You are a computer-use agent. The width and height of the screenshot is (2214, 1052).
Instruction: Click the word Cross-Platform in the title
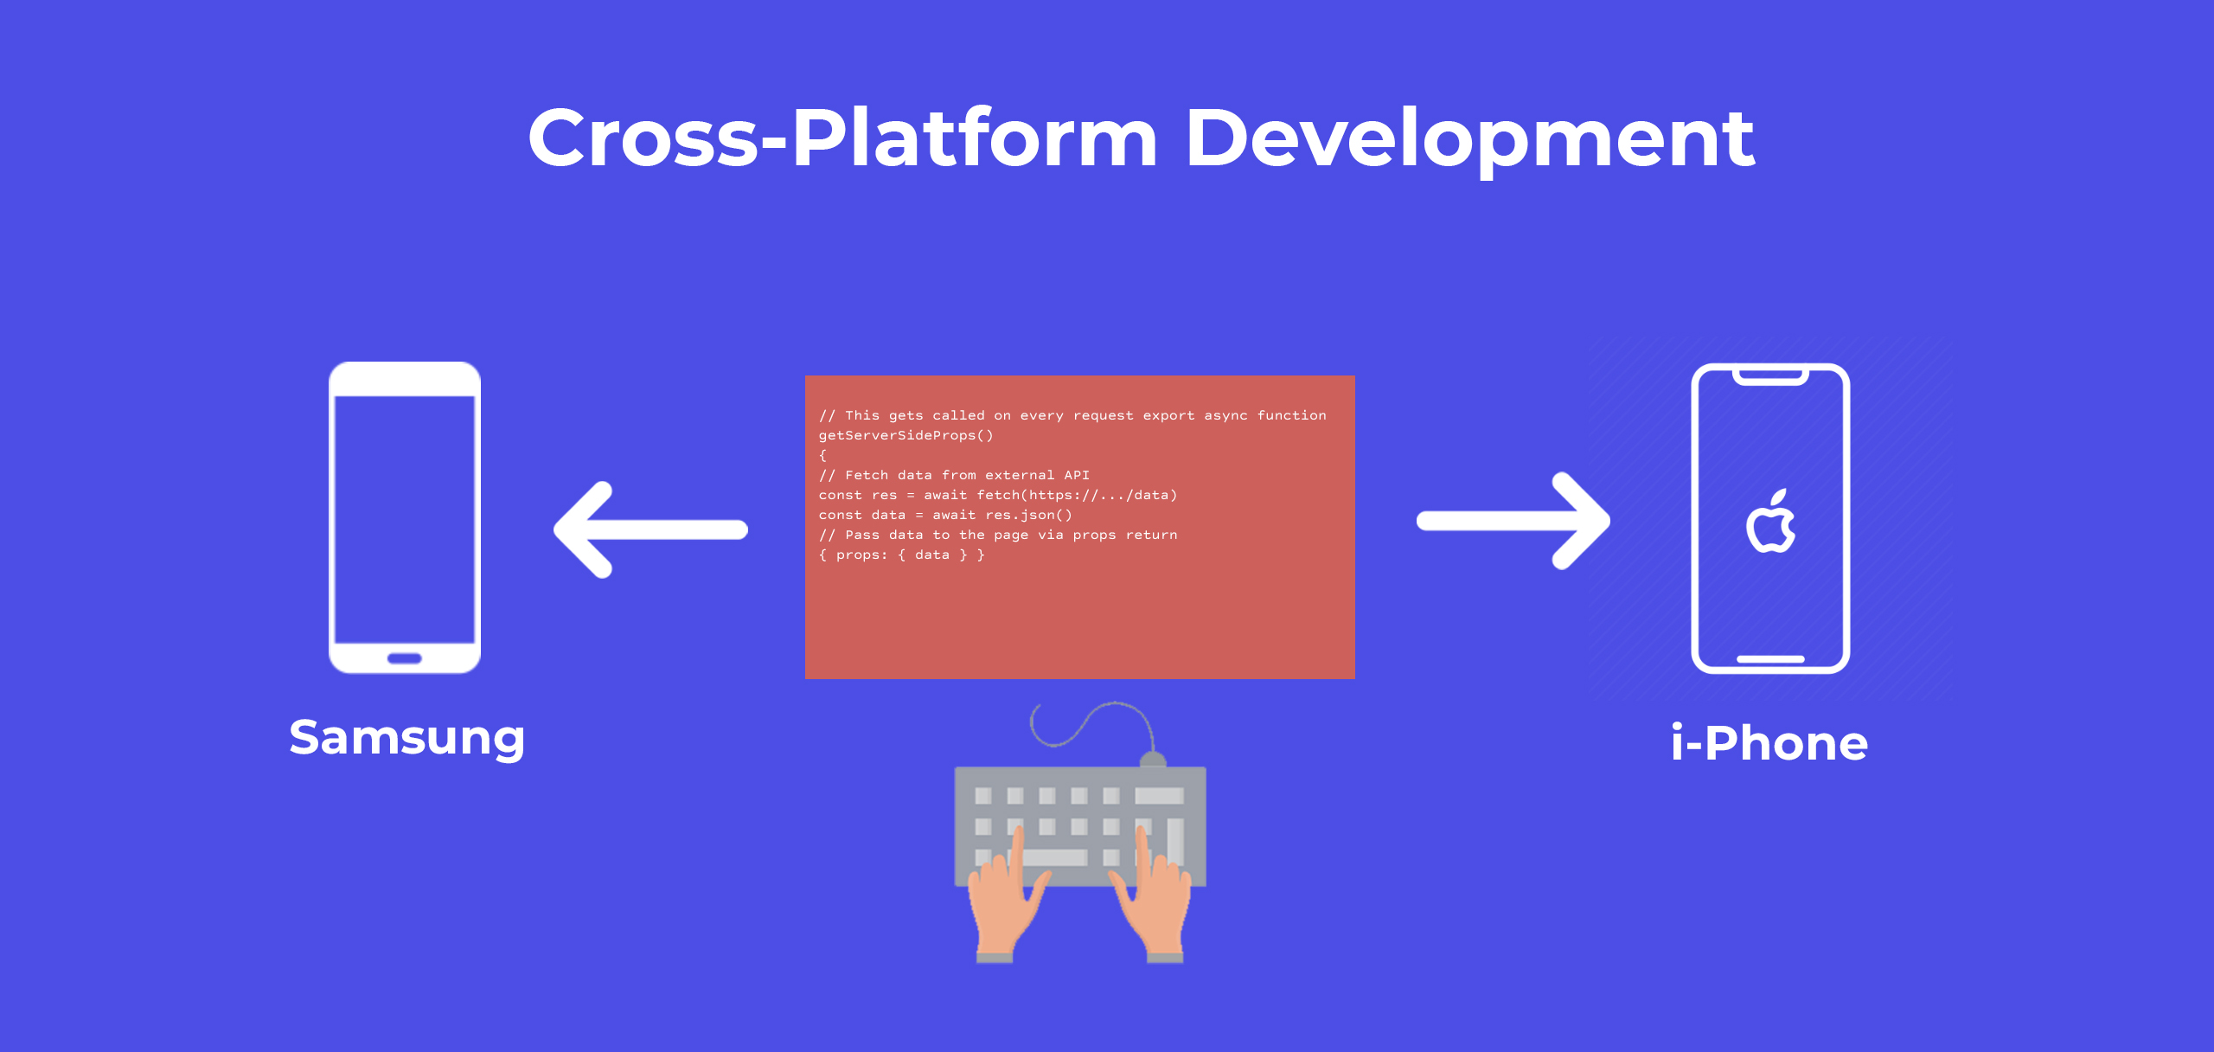(842, 138)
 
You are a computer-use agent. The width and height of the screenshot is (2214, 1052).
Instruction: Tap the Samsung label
(407, 739)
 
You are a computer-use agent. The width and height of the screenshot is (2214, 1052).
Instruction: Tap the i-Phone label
(1769, 742)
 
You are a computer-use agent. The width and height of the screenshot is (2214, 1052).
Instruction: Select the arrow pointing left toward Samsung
(650, 529)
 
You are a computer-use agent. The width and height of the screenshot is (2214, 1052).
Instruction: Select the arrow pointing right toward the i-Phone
(1513, 520)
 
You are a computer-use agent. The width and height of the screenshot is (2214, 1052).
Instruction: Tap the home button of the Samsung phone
(405, 658)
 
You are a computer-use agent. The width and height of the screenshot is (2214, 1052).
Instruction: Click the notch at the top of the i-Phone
(1770, 376)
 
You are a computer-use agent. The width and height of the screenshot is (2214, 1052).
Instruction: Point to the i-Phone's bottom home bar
(1770, 659)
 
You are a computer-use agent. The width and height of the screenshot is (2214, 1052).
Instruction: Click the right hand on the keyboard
(1152, 895)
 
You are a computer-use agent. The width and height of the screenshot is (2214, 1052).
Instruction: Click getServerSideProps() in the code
(906, 435)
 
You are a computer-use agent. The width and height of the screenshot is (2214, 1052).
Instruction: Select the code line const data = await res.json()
(945, 515)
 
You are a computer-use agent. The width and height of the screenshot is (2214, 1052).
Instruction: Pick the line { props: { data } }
(901, 555)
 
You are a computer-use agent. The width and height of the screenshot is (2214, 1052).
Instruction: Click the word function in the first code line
(1291, 415)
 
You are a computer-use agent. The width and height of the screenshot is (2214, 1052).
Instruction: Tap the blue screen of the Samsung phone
(405, 519)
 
